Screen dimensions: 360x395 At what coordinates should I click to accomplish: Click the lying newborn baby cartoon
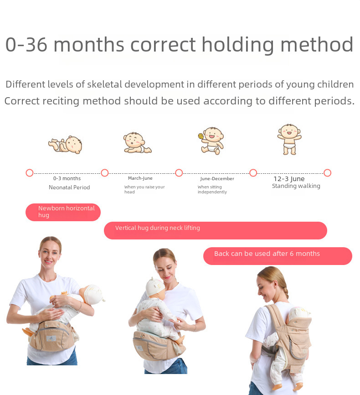click(66, 145)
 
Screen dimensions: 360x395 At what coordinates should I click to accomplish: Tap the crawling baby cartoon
click(137, 143)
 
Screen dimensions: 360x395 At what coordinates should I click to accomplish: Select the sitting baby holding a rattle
click(211, 140)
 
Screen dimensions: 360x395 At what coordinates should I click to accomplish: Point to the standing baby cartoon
click(289, 139)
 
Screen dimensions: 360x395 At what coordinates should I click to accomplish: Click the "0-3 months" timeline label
click(67, 178)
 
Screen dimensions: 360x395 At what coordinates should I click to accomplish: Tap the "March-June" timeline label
click(140, 178)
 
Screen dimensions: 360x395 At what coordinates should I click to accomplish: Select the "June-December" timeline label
click(217, 179)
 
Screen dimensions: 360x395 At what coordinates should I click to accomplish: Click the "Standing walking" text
click(296, 186)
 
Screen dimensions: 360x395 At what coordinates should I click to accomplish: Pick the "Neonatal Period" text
click(69, 187)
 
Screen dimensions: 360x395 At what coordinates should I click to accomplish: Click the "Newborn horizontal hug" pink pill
click(63, 212)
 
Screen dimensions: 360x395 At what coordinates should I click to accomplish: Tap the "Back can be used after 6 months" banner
click(278, 256)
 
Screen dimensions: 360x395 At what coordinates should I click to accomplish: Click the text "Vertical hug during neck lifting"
click(158, 228)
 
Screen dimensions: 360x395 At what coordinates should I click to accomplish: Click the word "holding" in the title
click(238, 45)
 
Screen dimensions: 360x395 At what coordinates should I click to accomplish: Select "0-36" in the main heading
click(26, 45)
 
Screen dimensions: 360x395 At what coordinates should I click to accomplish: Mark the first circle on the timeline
click(30, 173)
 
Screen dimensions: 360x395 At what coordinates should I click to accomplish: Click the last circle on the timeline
click(327, 173)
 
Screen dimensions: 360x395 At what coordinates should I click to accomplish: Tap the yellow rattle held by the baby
click(201, 136)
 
